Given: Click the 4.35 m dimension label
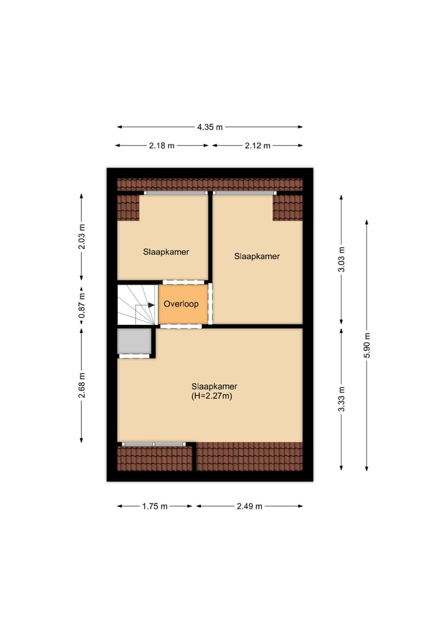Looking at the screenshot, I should coord(210,127).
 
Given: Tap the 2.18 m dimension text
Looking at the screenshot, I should coord(162,146).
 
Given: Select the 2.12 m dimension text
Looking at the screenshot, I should coord(258,146).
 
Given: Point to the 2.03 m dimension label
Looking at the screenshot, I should coord(82,237).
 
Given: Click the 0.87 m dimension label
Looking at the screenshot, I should coord(82,306).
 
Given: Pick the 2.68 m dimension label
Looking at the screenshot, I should coord(82,385).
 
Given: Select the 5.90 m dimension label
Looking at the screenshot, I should coord(367,345).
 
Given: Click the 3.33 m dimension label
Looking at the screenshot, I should coord(341,399).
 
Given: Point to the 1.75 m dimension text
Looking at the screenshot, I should coord(155,506).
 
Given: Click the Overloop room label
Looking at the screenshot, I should coord(181,304).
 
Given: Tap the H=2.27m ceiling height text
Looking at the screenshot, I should coord(212,395).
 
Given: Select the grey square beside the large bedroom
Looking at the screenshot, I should coord(134,341).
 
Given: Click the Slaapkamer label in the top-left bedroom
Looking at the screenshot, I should coord(166,252).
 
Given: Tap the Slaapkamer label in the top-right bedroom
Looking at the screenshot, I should coord(257,256).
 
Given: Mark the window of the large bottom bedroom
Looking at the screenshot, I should coord(154,444).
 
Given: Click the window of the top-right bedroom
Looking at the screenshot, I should coord(244,193).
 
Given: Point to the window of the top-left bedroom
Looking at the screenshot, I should coord(176,193).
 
